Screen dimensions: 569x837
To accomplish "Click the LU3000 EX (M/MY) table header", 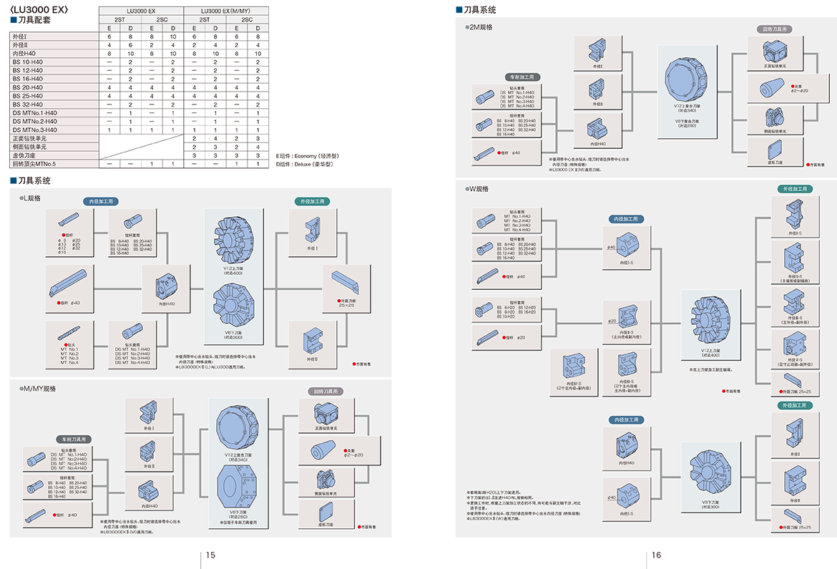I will pos(225,11).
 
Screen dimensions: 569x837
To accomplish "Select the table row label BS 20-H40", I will pos(28,87).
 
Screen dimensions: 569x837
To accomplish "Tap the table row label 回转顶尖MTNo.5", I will pos(34,164).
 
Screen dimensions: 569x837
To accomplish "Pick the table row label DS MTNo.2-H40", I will pos(35,121).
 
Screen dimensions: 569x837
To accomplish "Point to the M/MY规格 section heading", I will pos(39,389).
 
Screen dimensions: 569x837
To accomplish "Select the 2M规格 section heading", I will pos(481,27).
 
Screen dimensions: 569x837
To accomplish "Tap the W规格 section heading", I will pos(479,188).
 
